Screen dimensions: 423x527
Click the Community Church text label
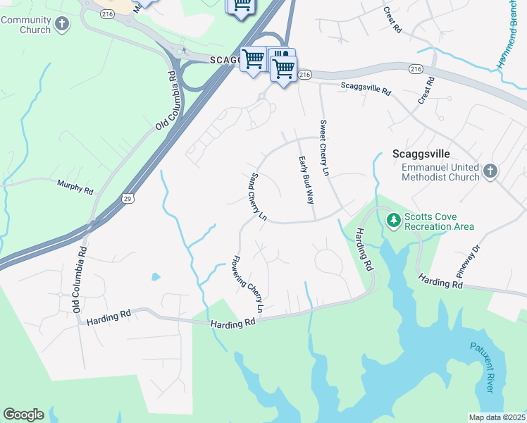25,25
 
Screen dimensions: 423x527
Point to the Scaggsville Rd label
366,90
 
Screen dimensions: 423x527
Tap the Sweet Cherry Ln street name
325,147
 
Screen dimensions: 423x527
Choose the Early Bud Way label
306,180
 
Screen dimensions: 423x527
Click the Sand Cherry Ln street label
258,196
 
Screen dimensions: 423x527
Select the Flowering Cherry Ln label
249,283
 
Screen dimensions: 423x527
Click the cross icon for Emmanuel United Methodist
490,171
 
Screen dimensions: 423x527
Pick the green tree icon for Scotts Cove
393,221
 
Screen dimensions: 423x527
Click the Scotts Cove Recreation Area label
439,221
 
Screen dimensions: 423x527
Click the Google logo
23,415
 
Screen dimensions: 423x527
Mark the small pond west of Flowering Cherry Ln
154,276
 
